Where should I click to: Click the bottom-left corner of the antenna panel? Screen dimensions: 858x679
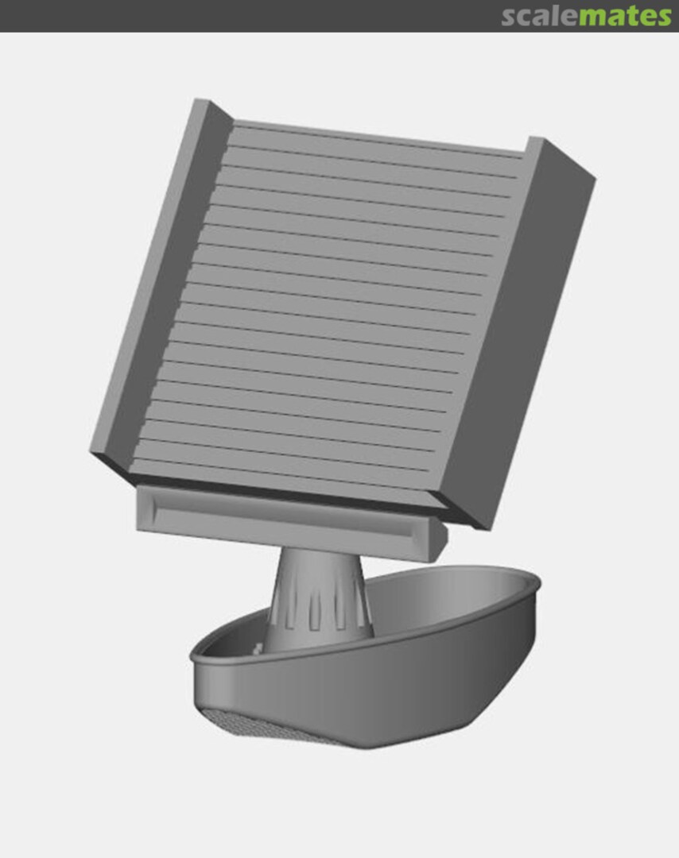(92, 454)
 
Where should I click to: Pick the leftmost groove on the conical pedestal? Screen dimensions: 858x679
(277, 612)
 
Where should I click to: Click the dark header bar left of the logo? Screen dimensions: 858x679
(239, 16)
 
